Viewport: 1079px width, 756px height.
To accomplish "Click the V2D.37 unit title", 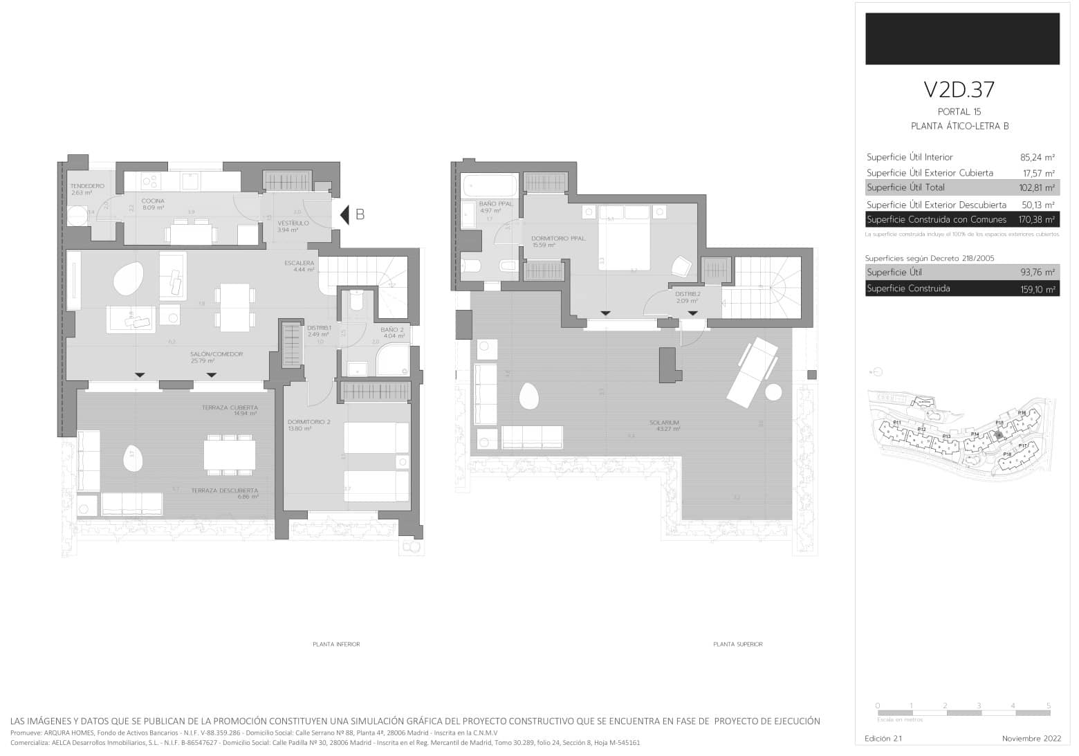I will (959, 90).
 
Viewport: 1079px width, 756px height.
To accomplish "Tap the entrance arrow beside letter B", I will (344, 215).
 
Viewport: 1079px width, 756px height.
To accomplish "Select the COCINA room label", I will (153, 201).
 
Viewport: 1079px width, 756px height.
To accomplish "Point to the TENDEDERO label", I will (87, 186).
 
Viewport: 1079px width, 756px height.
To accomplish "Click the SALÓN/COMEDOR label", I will (216, 354).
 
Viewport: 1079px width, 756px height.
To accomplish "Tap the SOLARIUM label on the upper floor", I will (663, 423).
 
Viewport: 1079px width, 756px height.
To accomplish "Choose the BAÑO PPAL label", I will (495, 204).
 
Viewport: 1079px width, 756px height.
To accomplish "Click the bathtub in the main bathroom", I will (490, 185).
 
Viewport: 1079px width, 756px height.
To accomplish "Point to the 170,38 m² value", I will (1036, 220).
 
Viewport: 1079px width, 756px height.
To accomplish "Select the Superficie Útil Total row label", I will (905, 187).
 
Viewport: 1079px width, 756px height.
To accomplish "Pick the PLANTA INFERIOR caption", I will (336, 644).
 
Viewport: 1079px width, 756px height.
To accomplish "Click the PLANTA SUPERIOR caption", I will (737, 644).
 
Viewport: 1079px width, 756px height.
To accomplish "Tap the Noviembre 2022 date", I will (1031, 739).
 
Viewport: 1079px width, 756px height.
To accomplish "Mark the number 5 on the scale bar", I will (1048, 706).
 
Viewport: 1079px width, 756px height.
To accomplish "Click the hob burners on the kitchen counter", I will (151, 182).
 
